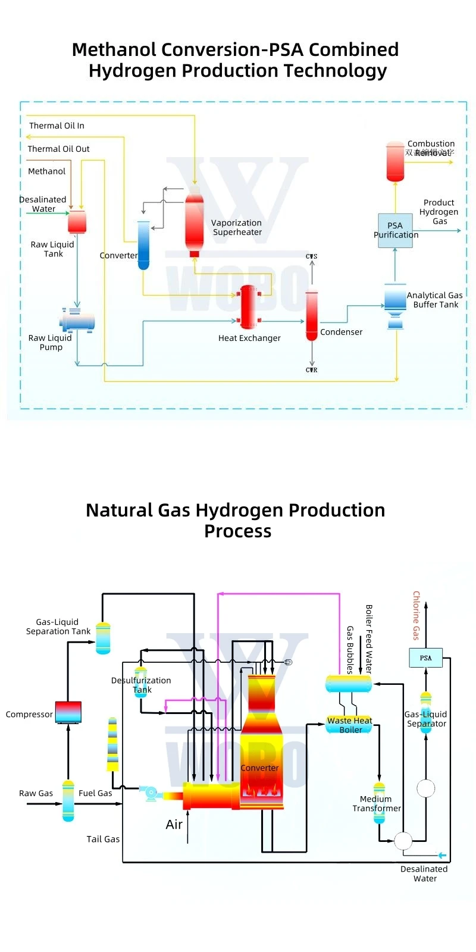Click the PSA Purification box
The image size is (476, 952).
[x=395, y=230]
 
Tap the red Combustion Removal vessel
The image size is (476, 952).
[x=395, y=161]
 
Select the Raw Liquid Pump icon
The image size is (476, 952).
[x=77, y=321]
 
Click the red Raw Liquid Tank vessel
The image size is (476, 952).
[x=77, y=222]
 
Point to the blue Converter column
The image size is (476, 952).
[x=143, y=245]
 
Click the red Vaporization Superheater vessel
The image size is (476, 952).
[x=194, y=223]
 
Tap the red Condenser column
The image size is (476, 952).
[x=311, y=315]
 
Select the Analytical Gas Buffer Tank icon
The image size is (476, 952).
[x=395, y=305]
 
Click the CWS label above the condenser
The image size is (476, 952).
[x=312, y=256]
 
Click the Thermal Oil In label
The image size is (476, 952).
[x=57, y=126]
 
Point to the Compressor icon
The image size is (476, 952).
[x=68, y=712]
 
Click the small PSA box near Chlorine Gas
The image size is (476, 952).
[x=425, y=657]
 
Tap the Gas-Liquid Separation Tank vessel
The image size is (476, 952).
[x=103, y=638]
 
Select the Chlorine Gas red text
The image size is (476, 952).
[x=416, y=615]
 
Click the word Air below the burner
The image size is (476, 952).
[x=174, y=825]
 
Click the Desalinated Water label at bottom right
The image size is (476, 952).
[x=424, y=873]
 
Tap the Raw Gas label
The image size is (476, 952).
[x=36, y=793]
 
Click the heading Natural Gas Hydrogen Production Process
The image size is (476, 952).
[x=236, y=520]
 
